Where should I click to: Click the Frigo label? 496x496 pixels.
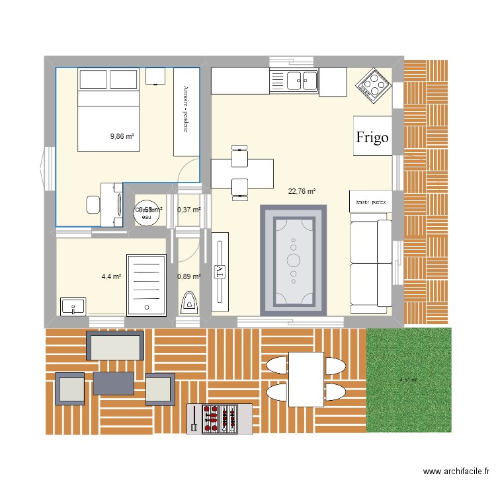click(x=371, y=138)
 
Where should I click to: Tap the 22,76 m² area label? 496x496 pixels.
click(x=302, y=192)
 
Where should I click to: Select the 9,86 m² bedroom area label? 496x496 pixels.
click(x=122, y=137)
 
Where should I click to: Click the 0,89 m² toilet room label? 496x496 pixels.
click(x=188, y=277)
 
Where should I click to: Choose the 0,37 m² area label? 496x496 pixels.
click(x=188, y=210)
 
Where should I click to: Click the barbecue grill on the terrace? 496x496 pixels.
click(x=220, y=419)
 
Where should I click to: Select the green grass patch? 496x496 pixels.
click(x=409, y=380)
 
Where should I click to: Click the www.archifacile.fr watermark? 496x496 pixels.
click(x=456, y=472)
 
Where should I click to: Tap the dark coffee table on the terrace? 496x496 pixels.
click(x=113, y=383)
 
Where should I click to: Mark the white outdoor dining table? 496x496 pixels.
click(x=306, y=379)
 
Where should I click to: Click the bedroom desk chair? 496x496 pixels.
click(x=93, y=204)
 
